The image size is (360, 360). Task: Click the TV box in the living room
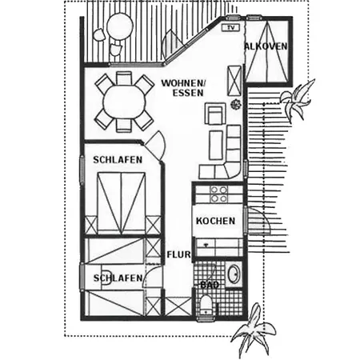coord(230,27)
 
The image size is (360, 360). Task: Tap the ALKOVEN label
coord(266,46)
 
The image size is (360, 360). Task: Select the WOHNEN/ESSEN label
coord(184,88)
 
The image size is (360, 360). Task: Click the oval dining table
coord(124,102)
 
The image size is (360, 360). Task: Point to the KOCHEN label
coord(215,221)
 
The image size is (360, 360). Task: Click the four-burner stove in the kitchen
coord(219,194)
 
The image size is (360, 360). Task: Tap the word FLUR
coord(179,254)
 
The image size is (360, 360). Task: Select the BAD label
coord(210,285)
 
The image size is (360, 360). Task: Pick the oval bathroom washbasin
coord(234,274)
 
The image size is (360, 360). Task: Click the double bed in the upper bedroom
coord(122,203)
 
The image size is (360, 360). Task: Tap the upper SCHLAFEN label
coord(118,160)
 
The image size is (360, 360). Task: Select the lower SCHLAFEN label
coord(118,278)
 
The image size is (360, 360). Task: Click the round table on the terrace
coord(120,26)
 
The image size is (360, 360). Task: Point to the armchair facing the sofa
coord(215,114)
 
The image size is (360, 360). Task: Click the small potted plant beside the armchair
coord(236,104)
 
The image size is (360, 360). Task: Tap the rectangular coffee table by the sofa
coord(216,145)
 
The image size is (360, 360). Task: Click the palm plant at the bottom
coord(253,330)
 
